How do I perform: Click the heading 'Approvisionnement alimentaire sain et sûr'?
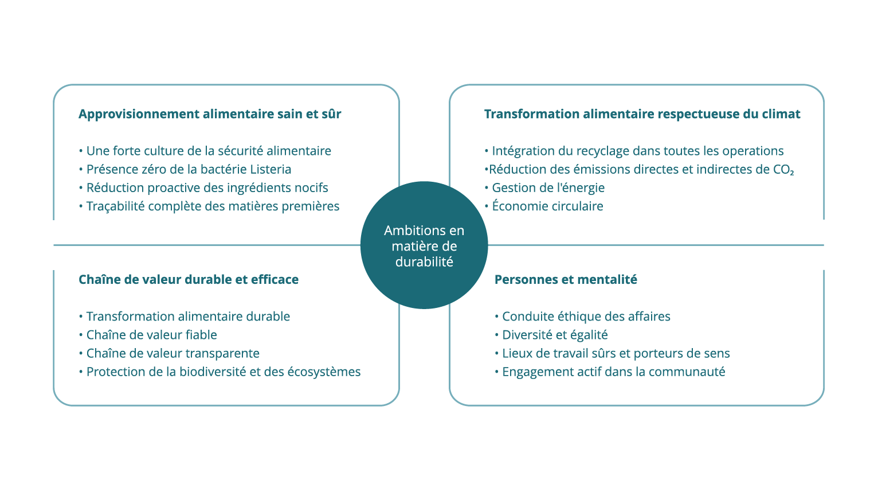(210, 114)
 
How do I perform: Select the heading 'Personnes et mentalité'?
(566, 279)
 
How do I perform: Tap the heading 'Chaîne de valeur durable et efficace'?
(189, 279)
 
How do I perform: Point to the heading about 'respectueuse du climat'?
(642, 114)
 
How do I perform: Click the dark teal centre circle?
(424, 245)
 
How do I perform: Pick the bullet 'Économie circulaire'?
(544, 206)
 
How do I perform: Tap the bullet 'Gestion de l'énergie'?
(544, 188)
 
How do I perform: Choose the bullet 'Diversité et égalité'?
(551, 334)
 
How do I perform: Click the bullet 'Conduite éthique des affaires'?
(582, 316)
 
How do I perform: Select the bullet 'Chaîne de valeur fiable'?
(148, 334)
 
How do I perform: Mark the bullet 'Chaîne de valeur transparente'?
(169, 353)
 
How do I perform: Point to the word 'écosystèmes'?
(324, 372)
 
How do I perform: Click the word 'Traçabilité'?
(116, 206)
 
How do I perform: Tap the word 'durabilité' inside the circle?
(424, 261)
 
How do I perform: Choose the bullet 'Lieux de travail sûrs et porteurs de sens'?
(612, 353)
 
